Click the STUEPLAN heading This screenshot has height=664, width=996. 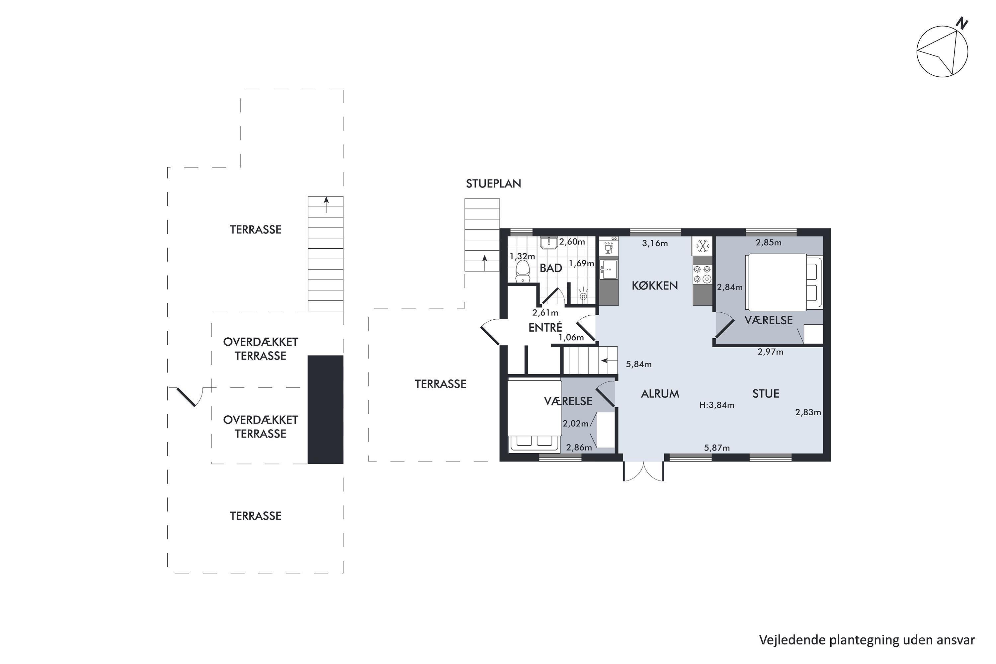[493, 183]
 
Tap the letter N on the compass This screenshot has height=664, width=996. [962, 23]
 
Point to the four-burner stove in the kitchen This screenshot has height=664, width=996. [702, 274]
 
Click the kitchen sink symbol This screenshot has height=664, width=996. [609, 269]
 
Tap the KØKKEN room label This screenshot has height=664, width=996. [655, 286]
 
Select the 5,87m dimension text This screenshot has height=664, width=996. [716, 448]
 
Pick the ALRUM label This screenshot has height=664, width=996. [660, 394]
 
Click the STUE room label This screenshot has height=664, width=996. [766, 394]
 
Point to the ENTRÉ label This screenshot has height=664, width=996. [545, 327]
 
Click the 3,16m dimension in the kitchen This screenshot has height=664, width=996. [655, 243]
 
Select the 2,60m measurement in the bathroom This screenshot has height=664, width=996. [572, 242]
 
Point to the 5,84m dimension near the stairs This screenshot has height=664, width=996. [638, 364]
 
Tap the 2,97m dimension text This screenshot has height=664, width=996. [770, 352]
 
